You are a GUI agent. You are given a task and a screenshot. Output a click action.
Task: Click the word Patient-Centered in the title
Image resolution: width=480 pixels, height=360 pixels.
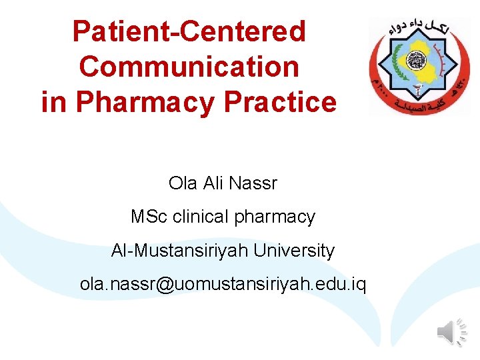pos(189,31)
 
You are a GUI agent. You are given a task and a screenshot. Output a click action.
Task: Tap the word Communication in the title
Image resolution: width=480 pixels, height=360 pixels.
pos(189,67)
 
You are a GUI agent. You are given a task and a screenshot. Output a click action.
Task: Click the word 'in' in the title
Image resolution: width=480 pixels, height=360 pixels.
pos(55,102)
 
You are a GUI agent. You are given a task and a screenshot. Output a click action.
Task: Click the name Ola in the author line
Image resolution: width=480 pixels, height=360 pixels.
pos(182,183)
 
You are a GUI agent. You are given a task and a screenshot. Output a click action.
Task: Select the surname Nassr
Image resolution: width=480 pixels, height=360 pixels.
pos(253,183)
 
